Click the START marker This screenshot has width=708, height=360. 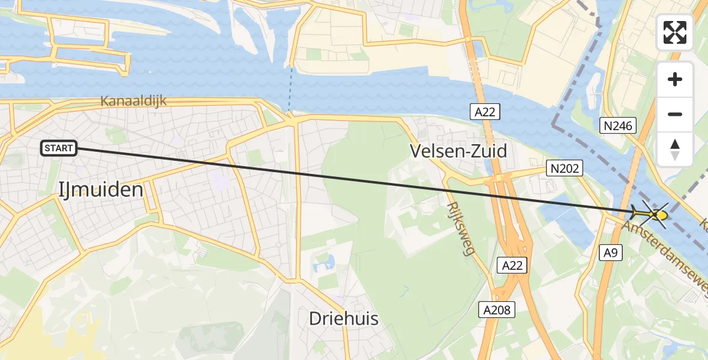(59, 148)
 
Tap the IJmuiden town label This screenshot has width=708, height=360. (101, 190)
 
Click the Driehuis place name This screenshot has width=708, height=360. (343, 319)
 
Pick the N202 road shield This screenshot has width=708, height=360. (565, 169)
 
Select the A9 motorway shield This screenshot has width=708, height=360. (610, 253)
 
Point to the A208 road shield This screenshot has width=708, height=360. (496, 310)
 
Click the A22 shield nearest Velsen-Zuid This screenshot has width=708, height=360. (485, 111)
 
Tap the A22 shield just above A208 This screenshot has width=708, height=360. (512, 265)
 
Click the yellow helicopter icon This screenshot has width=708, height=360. (650, 214)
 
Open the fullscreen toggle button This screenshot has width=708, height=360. (675, 32)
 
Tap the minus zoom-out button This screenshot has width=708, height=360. (675, 114)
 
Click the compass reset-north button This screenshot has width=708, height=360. (675, 149)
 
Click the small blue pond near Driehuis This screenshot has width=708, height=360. (327, 262)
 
